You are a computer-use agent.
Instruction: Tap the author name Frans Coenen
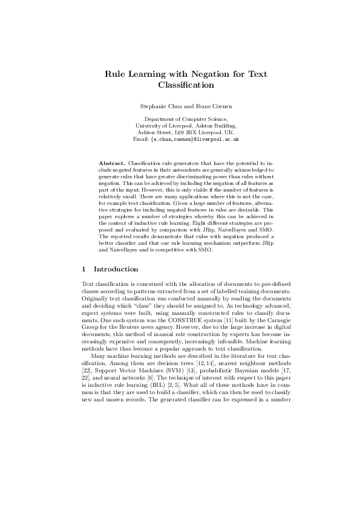[201, 106]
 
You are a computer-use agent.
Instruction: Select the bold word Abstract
[112, 163]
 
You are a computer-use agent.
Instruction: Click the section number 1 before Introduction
[83, 269]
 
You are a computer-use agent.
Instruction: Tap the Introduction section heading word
[117, 269]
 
